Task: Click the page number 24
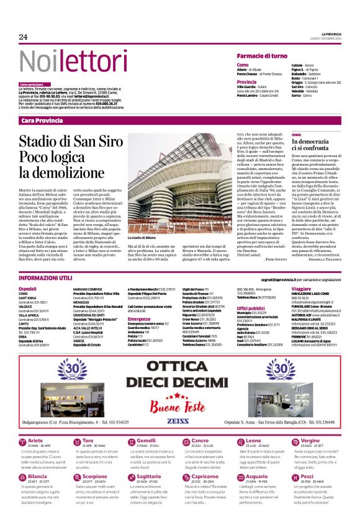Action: (24, 37)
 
